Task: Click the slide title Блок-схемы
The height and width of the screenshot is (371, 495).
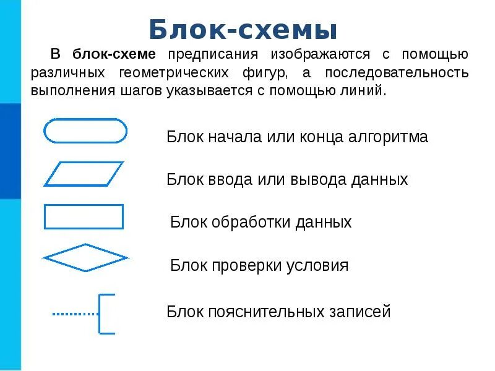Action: click(243, 29)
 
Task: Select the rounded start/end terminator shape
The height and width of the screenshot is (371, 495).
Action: click(85, 131)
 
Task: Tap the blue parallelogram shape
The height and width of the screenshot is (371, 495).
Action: click(84, 174)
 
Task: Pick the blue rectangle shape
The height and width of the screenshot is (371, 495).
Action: click(84, 216)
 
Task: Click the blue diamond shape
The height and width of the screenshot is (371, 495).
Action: click(85, 257)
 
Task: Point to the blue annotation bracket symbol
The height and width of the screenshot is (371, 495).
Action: click(106, 314)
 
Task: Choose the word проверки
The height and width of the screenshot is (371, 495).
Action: click(243, 266)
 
